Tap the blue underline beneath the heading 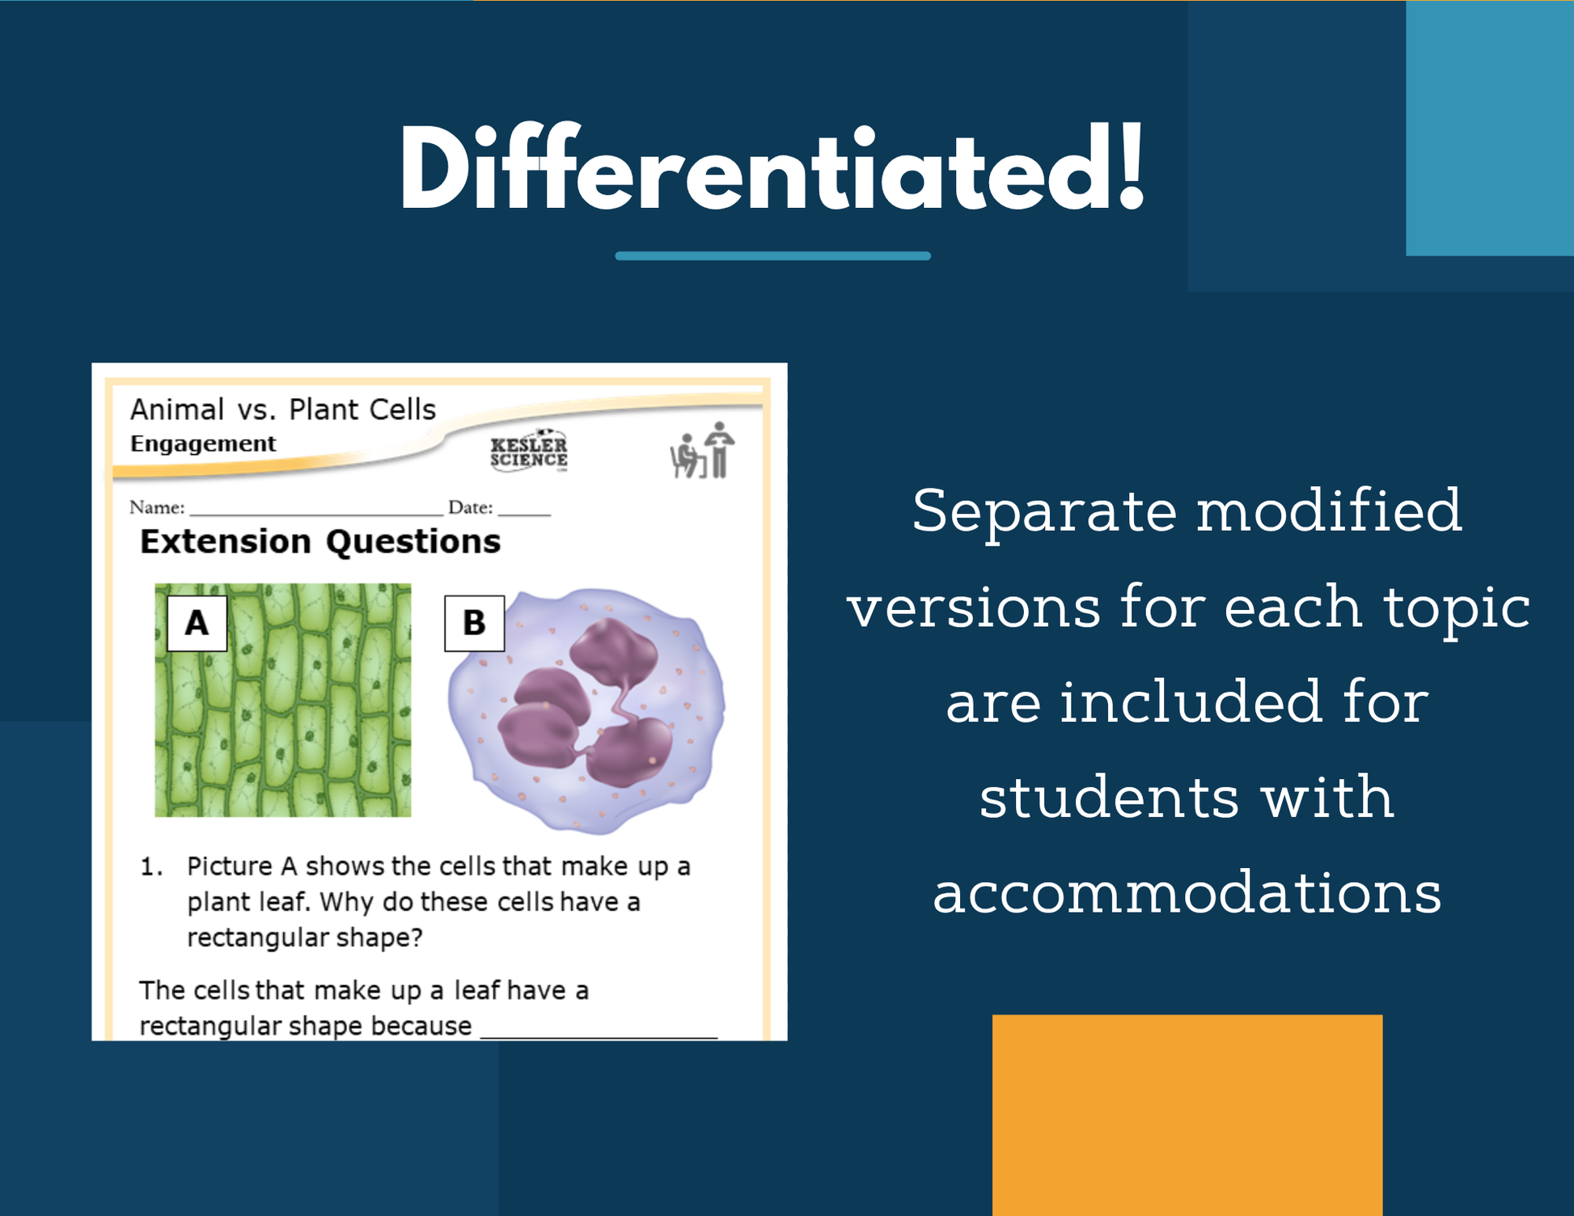click(772, 256)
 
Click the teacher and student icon click(702, 450)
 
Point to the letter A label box click(197, 623)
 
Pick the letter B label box click(474, 623)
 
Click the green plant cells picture click(282, 700)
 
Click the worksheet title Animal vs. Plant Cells click(283, 409)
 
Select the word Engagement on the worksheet click(203, 443)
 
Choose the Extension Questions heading click(320, 541)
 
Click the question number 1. click(151, 866)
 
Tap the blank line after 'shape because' click(599, 1036)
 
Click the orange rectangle click(1187, 1115)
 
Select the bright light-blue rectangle click(1490, 128)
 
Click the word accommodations click(1187, 892)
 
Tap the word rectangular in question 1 click(254, 938)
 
